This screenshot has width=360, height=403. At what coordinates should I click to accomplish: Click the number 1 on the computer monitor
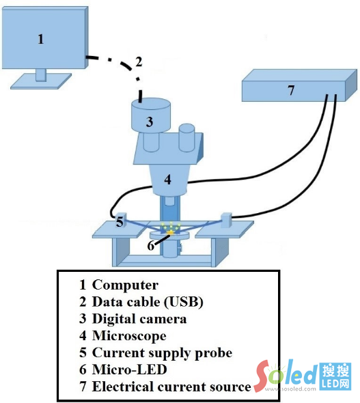tap(40, 40)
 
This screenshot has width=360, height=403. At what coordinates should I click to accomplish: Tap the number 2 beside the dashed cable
tap(139, 62)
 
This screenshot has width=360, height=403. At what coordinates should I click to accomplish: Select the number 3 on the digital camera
tap(150, 122)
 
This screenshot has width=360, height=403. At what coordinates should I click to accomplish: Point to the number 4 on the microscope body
tap(167, 180)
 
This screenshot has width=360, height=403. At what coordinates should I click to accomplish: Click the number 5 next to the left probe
tap(120, 221)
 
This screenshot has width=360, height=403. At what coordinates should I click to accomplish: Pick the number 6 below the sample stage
tap(151, 246)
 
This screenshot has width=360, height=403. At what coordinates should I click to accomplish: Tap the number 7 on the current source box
tap(290, 90)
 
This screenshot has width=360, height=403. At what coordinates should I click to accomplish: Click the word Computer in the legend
tap(125, 285)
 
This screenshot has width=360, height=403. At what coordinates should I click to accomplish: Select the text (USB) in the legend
tap(184, 302)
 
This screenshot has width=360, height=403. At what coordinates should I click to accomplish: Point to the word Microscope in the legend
tap(129, 336)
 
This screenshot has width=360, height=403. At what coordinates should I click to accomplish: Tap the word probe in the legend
tap(214, 353)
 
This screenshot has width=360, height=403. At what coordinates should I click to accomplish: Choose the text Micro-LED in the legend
tap(130, 370)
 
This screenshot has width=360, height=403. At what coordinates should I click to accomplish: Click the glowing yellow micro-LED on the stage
tap(170, 233)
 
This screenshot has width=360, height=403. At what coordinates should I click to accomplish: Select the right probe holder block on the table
tap(226, 220)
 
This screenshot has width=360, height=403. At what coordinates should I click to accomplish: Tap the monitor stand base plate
tap(41, 81)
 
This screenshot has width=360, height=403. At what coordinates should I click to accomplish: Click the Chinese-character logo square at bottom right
tap(335, 376)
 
